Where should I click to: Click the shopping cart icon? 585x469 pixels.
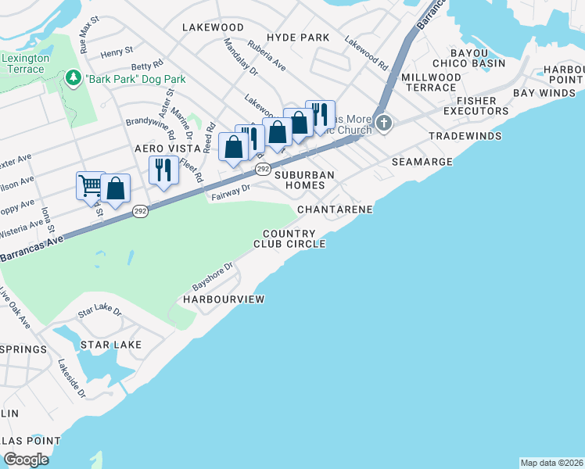91,186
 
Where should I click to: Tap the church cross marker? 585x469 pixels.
383,123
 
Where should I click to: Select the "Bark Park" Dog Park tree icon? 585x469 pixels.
74,78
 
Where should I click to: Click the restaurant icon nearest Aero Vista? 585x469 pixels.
163,170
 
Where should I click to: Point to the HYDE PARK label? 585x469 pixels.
297,38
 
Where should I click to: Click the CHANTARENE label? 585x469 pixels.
335,210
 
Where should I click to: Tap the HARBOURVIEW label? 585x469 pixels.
224,299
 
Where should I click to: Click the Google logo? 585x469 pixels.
26,460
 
